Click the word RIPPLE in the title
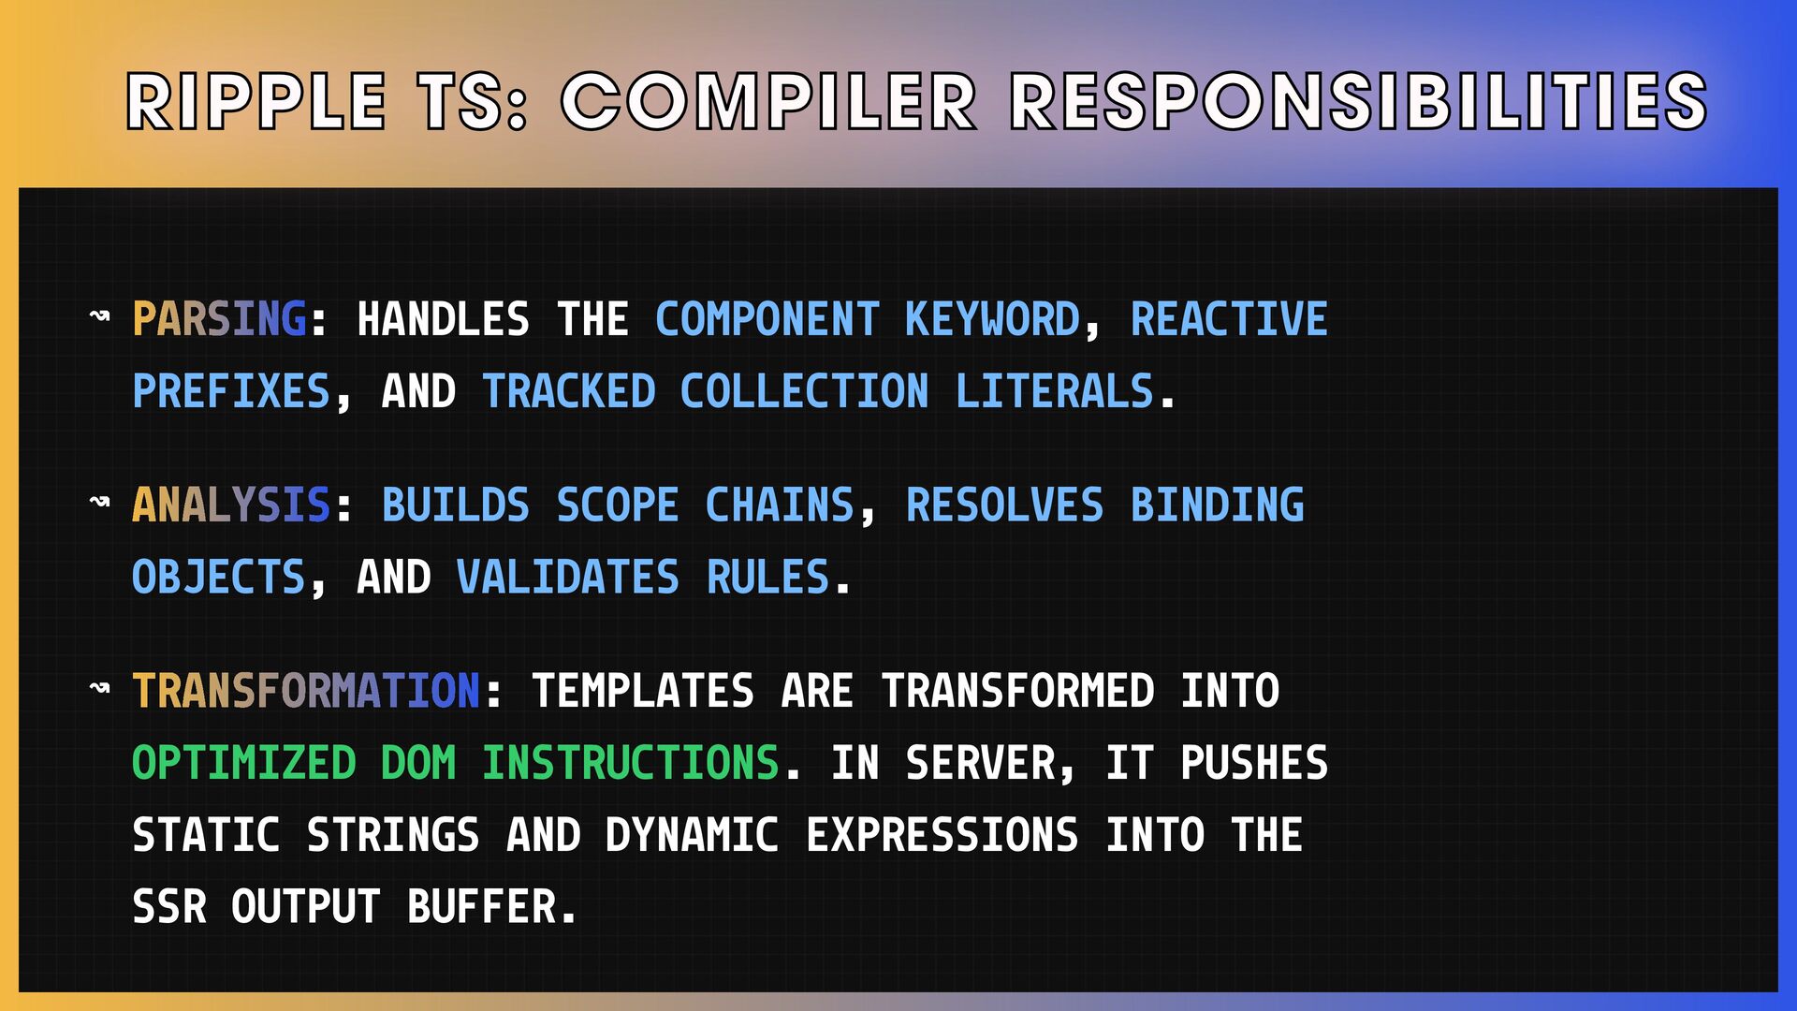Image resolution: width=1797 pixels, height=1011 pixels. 256,101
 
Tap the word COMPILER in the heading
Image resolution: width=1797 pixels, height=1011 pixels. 768,101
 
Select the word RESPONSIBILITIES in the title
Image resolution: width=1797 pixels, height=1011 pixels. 1359,101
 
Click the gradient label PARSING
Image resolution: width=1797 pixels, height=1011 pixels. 219,319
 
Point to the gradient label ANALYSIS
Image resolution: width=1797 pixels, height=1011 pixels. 231,505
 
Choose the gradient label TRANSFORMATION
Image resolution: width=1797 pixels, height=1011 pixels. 306,691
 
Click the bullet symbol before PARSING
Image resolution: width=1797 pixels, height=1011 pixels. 99,315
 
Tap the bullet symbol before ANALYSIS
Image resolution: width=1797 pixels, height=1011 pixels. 99,502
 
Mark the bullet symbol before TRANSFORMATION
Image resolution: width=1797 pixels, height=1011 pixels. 99,688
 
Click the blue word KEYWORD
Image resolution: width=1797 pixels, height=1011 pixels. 992,319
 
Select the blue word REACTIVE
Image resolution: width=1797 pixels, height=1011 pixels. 1229,319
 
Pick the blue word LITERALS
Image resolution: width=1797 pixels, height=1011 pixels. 1054,391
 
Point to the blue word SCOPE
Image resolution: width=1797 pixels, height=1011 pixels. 618,505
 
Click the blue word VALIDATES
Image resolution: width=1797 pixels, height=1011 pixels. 567,577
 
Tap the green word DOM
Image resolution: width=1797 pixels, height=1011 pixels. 418,763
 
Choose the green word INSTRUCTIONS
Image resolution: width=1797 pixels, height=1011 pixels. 631,763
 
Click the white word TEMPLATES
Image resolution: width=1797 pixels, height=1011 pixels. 643,691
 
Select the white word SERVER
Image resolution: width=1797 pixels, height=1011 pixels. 980,763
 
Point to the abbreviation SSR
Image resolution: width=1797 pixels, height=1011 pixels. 169,907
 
